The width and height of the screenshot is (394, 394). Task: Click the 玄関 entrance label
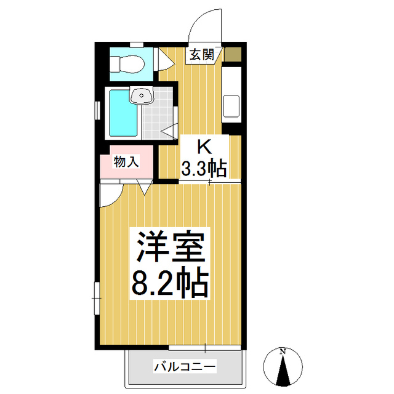point(201,55)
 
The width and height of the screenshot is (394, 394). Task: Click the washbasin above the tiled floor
point(142,95)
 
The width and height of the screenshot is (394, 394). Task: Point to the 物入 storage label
point(127,162)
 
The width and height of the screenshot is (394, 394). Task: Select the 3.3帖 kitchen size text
point(204,167)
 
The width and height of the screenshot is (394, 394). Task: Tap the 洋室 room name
point(169,249)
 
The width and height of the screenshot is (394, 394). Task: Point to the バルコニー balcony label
point(185,368)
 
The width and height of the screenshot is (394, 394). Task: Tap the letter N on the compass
point(283,352)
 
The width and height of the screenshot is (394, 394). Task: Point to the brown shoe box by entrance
point(232,54)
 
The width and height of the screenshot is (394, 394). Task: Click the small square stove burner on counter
point(231,105)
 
